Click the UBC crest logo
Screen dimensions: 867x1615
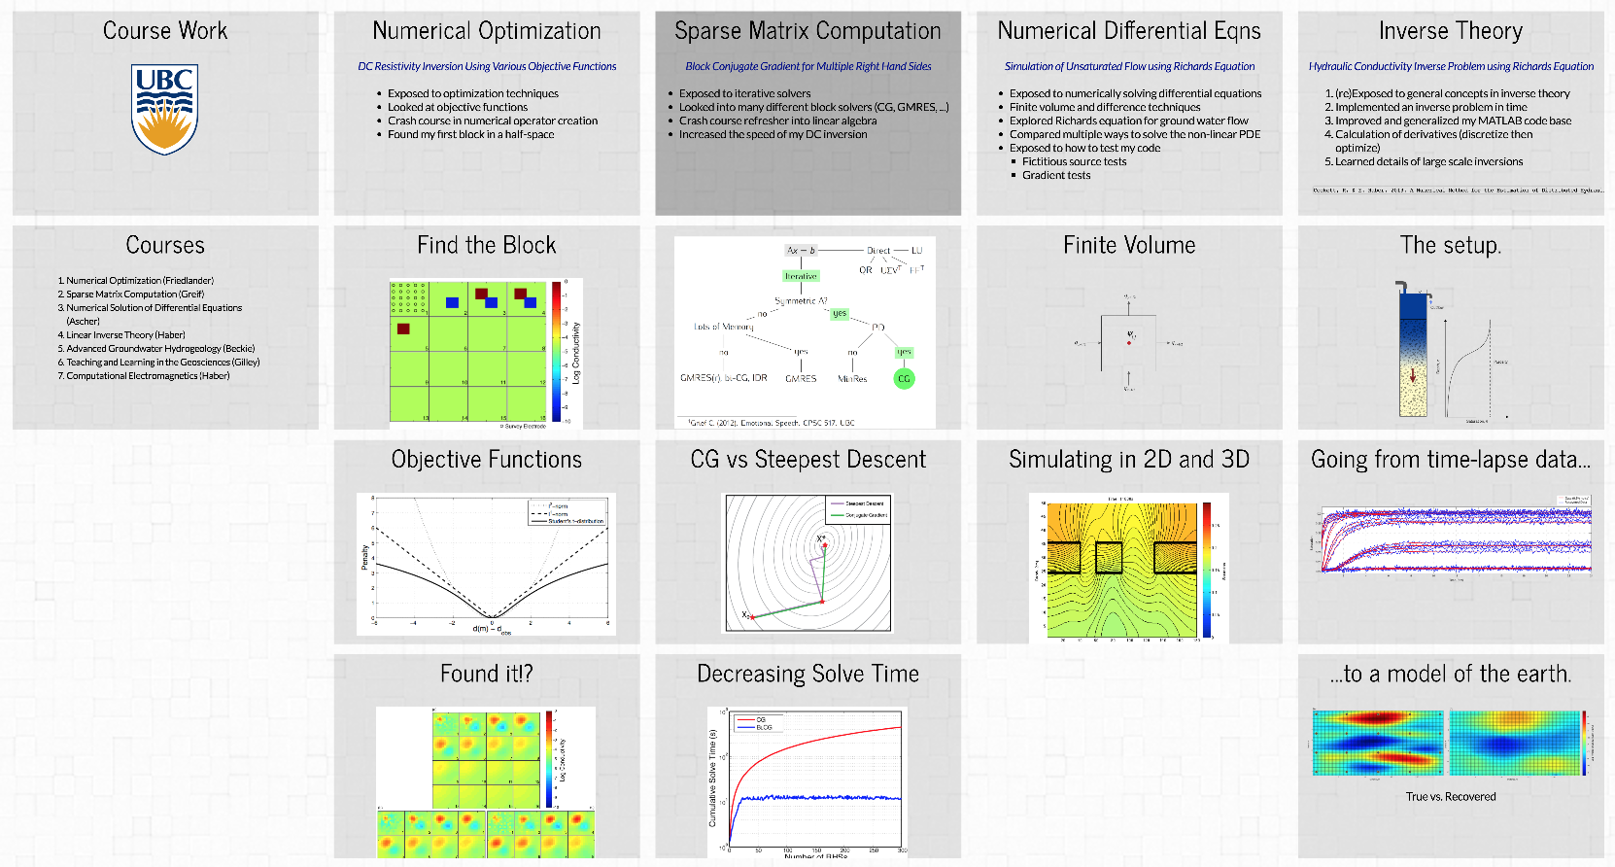tap(164, 109)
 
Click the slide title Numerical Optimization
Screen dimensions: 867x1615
tap(487, 31)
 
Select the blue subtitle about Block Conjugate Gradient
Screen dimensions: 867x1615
tap(807, 66)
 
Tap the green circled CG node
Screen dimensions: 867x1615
tap(904, 379)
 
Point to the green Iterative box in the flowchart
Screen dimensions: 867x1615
tap(801, 276)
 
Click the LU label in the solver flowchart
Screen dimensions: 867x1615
tap(916, 251)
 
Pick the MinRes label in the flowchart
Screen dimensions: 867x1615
tap(852, 379)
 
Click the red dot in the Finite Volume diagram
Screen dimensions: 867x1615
tap(1129, 343)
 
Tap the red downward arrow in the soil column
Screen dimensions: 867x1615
tap(1413, 375)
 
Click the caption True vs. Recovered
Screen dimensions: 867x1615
tap(1451, 797)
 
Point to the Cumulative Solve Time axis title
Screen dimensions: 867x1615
tap(712, 778)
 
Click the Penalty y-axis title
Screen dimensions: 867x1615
tap(365, 557)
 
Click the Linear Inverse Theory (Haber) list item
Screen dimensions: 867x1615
tap(125, 334)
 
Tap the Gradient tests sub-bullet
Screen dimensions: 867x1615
tap(1056, 175)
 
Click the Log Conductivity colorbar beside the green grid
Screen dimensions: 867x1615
tap(557, 352)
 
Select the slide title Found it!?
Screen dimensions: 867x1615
tap(487, 674)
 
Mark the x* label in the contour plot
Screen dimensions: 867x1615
tap(821, 538)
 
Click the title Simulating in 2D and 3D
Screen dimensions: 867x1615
tap(1129, 460)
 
